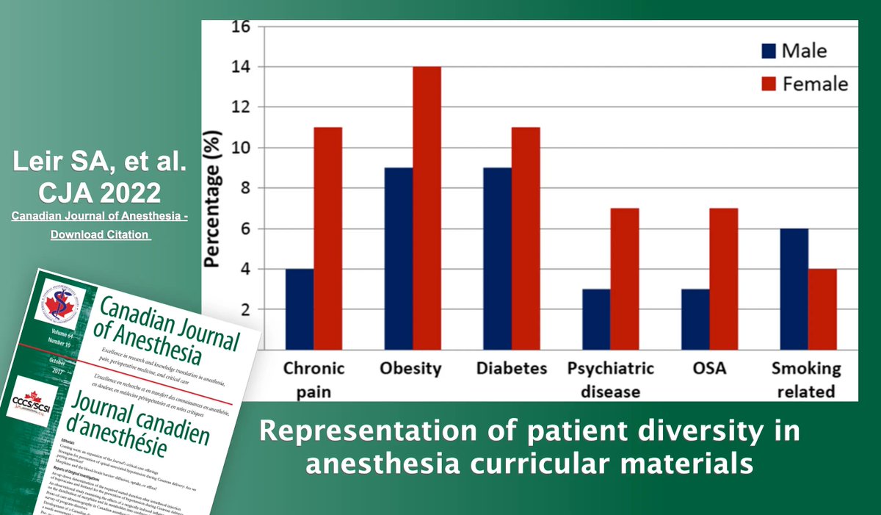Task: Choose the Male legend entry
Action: [792, 51]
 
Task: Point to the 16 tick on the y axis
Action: [241, 27]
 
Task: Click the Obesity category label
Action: [410, 369]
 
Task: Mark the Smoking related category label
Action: [805, 379]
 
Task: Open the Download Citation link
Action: [100, 234]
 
